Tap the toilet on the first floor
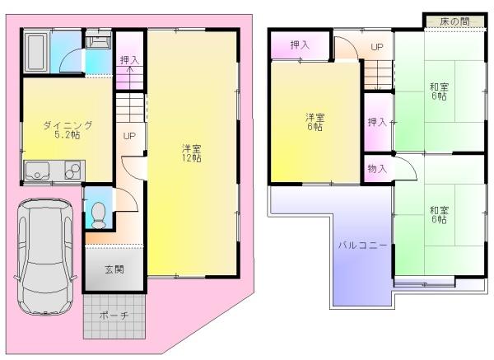[99, 213]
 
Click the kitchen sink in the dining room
[38, 173]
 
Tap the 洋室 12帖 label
[193, 153]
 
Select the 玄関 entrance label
[114, 269]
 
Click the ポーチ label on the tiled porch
[114, 316]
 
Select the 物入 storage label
[377, 168]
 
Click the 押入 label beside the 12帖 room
[129, 60]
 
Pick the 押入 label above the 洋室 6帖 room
[300, 44]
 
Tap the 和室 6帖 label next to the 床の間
[438, 91]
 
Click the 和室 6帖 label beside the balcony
[438, 214]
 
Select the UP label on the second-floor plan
[376, 47]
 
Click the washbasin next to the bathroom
[98, 40]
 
